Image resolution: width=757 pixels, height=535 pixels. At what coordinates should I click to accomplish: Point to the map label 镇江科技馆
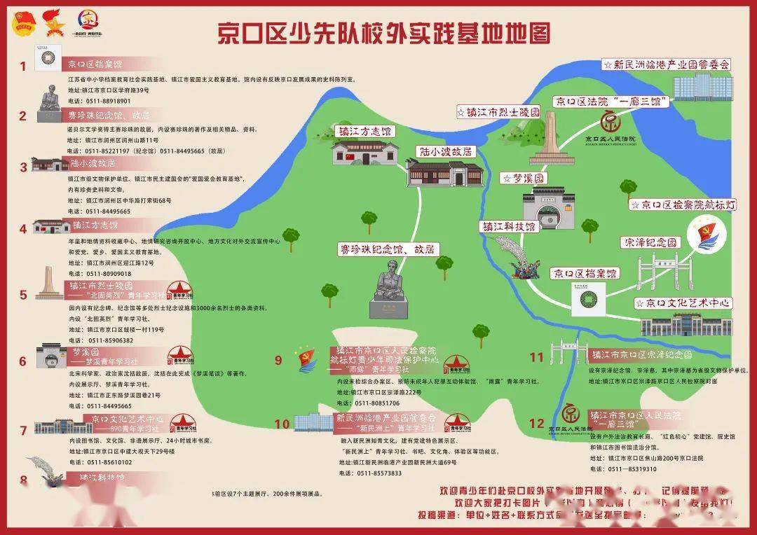point(509,227)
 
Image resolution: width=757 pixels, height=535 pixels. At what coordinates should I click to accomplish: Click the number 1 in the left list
point(22,67)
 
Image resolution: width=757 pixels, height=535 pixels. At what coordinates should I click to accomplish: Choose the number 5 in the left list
point(22,295)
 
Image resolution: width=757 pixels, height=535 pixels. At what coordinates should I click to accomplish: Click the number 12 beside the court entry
point(536,422)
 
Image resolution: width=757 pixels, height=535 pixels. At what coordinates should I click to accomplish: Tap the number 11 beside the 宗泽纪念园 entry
point(536,357)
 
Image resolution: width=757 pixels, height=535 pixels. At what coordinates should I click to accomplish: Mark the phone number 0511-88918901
point(108,101)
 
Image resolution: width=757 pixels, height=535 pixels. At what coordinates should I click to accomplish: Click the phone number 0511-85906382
point(109,340)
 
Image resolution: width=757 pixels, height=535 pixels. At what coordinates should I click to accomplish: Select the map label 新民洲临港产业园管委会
point(667,64)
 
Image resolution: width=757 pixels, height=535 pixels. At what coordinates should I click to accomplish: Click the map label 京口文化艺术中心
point(683,303)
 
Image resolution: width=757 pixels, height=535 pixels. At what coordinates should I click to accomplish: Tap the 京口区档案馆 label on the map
point(584,273)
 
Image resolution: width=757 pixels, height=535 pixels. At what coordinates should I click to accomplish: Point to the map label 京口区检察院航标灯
point(683,204)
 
